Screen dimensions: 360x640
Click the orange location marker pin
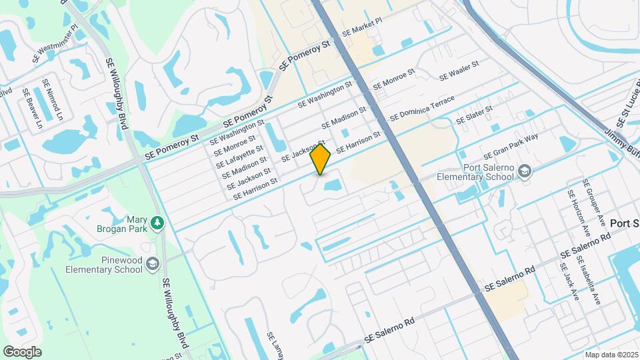[321, 159]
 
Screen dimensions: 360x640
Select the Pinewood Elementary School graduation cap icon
[153, 265]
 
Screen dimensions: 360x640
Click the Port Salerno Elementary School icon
[525, 172]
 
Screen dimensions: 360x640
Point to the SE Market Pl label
[362, 27]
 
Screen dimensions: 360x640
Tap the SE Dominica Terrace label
[422, 108]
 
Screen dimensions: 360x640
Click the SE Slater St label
[474, 115]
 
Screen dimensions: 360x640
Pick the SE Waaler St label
[459, 72]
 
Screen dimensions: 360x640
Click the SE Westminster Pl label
[55, 45]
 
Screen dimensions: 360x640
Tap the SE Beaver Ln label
[32, 109]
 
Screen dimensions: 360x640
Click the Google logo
[22, 351]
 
